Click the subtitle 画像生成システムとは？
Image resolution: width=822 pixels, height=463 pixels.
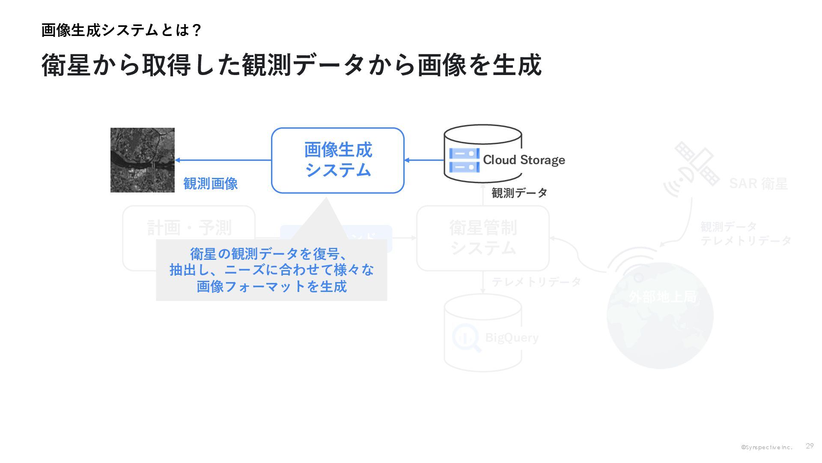pyautogui.click(x=121, y=30)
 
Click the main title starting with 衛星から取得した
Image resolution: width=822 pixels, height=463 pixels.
pyautogui.click(x=291, y=65)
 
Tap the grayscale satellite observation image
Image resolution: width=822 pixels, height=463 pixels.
pyautogui.click(x=143, y=160)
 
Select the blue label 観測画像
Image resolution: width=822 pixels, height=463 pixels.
pyautogui.click(x=210, y=183)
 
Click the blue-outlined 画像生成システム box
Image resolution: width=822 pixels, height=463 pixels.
pyautogui.click(x=338, y=160)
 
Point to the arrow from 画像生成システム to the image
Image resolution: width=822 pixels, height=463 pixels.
pyautogui.click(x=223, y=160)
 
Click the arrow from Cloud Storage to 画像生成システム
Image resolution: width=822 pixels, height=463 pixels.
pyautogui.click(x=424, y=160)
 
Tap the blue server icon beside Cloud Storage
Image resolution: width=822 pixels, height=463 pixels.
pyautogui.click(x=464, y=160)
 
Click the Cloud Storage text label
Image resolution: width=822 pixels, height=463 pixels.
pyautogui.click(x=524, y=160)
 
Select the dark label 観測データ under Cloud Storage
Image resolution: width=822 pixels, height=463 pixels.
pyautogui.click(x=519, y=193)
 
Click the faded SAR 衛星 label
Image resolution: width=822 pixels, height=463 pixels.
pyautogui.click(x=758, y=183)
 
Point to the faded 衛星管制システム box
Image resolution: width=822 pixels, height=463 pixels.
pyautogui.click(x=483, y=238)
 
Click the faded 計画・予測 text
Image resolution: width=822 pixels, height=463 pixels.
pyautogui.click(x=189, y=228)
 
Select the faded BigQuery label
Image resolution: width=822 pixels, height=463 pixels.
pyautogui.click(x=512, y=338)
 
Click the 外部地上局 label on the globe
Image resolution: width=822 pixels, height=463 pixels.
pyautogui.click(x=662, y=297)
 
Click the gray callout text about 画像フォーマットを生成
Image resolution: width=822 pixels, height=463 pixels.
pyautogui.click(x=271, y=270)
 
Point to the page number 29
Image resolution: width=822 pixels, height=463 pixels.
pyautogui.click(x=809, y=446)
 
